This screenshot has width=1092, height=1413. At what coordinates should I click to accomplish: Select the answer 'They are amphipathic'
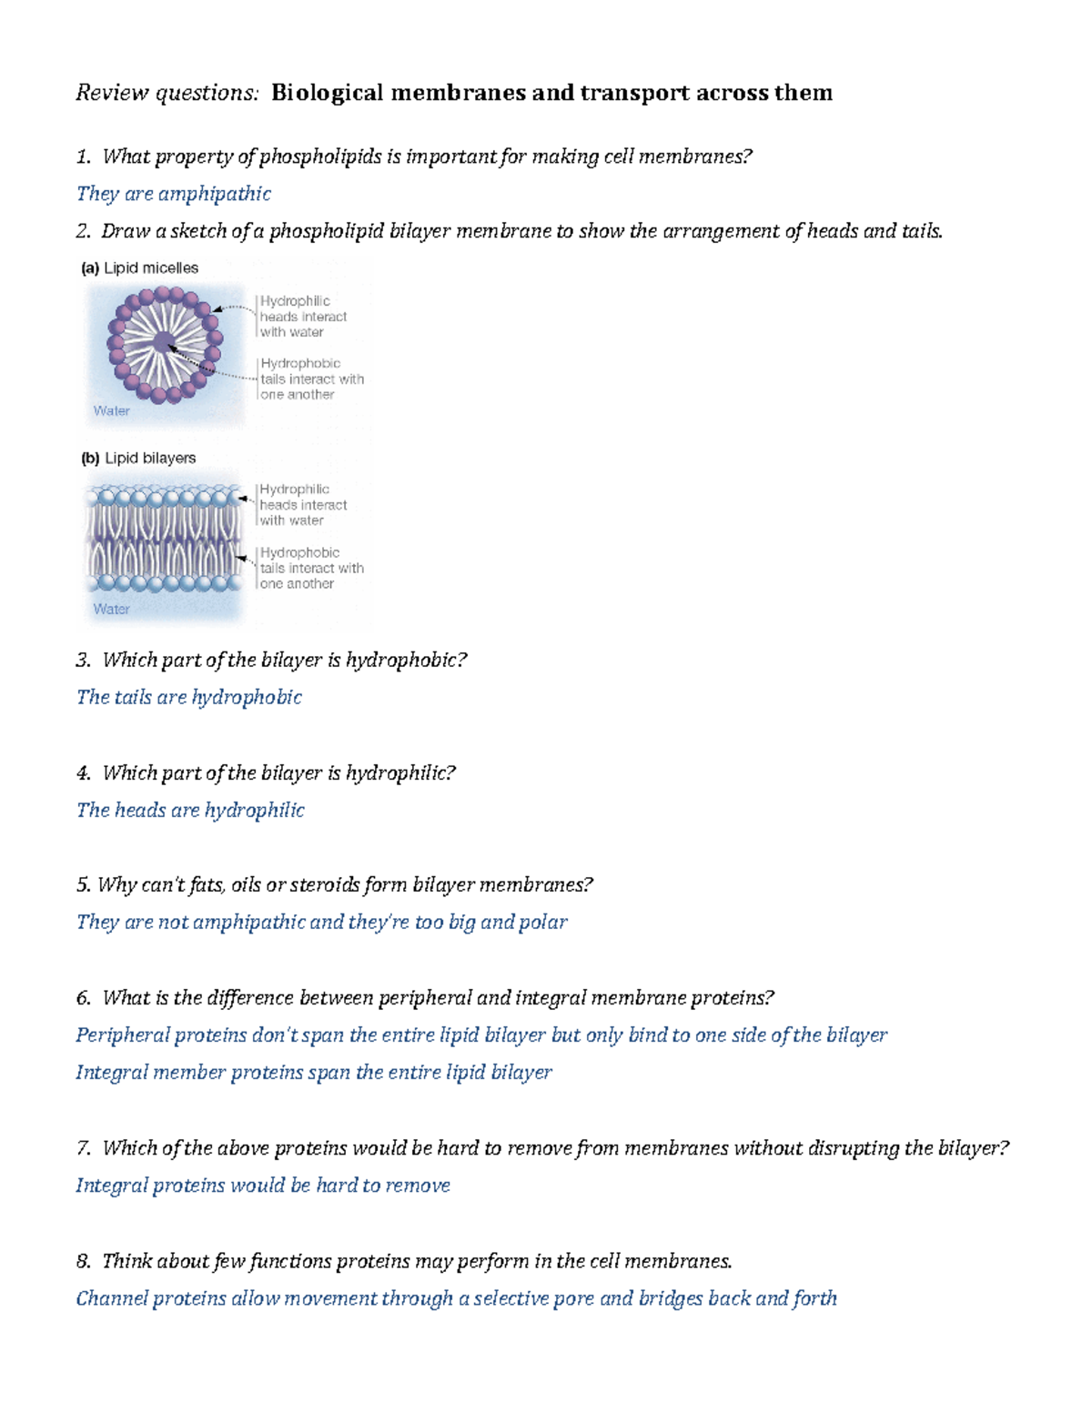click(x=173, y=194)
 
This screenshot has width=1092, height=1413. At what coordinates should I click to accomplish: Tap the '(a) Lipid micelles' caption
click(x=139, y=268)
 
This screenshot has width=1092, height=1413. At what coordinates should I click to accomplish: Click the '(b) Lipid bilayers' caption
click(x=138, y=459)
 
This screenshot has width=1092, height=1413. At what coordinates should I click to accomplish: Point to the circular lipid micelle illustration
click(x=164, y=344)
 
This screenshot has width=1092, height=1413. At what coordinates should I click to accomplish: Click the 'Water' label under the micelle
click(x=111, y=411)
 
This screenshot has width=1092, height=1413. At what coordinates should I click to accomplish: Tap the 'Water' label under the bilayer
click(x=111, y=610)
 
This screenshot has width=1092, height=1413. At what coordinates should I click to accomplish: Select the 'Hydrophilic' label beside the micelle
click(x=295, y=301)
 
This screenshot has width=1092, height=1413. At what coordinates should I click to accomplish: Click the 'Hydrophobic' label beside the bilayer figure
click(x=299, y=553)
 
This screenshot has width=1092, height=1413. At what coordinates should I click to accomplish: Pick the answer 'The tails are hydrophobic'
click(x=188, y=698)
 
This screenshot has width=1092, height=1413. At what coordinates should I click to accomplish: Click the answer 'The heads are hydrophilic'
click(x=190, y=811)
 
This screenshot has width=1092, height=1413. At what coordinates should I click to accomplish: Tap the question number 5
click(x=84, y=885)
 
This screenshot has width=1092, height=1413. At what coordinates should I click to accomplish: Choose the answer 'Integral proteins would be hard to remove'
click(x=262, y=1186)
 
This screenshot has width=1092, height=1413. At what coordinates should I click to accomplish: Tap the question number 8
click(x=84, y=1262)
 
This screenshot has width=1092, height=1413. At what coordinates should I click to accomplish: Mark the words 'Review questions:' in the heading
click(x=167, y=93)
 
